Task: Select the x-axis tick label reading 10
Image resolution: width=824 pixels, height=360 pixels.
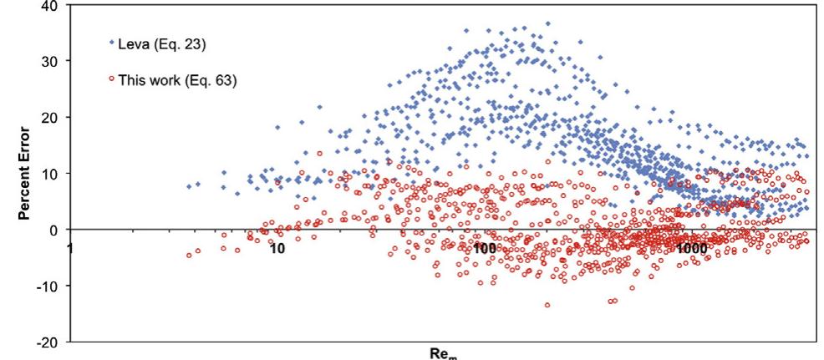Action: pyautogui.click(x=277, y=248)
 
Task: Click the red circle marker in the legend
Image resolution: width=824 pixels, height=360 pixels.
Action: pyautogui.click(x=110, y=79)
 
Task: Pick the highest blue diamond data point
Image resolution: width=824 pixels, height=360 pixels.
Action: pyautogui.click(x=547, y=23)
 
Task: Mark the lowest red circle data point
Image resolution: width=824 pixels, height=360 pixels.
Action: pyautogui.click(x=547, y=305)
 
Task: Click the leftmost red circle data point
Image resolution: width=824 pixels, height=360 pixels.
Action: pyautogui.click(x=188, y=256)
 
